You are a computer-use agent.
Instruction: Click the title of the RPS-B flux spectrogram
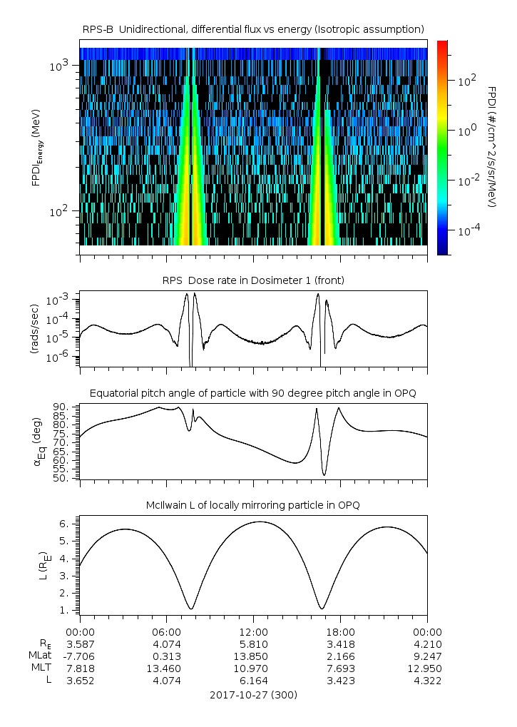pyautogui.click(x=253, y=29)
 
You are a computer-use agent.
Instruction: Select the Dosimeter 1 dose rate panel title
pyautogui.click(x=253, y=280)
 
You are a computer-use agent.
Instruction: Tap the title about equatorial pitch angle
pyautogui.click(x=253, y=393)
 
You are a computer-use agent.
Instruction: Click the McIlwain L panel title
pyautogui.click(x=253, y=505)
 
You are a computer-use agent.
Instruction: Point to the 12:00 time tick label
pyautogui.click(x=253, y=631)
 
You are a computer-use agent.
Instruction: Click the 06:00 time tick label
pyautogui.click(x=166, y=631)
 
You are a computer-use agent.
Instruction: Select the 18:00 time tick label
pyautogui.click(x=340, y=631)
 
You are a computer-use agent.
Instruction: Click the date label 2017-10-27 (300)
pyautogui.click(x=253, y=694)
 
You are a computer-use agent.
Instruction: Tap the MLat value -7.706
pyautogui.click(x=80, y=656)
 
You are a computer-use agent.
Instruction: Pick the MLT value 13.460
pyautogui.click(x=166, y=668)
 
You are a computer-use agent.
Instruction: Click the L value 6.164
pyautogui.click(x=253, y=681)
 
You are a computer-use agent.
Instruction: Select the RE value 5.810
pyautogui.click(x=253, y=644)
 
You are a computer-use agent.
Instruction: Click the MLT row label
pyautogui.click(x=38, y=668)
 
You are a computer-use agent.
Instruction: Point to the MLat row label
pyautogui.click(x=37, y=656)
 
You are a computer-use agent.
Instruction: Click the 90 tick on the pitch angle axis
pyautogui.click(x=61, y=407)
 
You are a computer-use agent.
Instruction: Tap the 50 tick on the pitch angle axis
pyautogui.click(x=61, y=478)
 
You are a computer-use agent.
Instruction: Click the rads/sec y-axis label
pyautogui.click(x=34, y=326)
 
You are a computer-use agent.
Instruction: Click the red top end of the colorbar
pyautogui.click(x=442, y=44)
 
